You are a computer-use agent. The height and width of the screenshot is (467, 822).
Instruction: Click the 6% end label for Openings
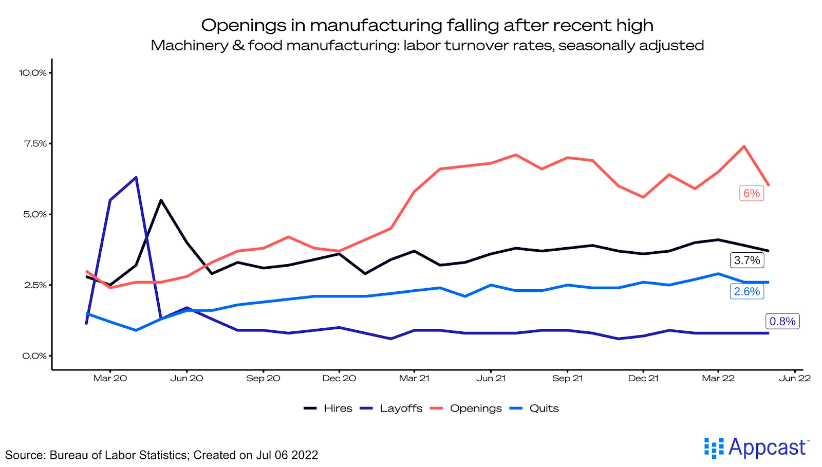752,193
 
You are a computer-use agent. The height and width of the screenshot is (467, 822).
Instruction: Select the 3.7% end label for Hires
747,260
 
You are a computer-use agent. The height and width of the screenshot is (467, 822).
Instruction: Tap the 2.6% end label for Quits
747,292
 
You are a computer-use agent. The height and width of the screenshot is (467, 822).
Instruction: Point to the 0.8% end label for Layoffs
782,322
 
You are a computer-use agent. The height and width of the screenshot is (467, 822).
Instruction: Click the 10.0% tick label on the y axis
33,73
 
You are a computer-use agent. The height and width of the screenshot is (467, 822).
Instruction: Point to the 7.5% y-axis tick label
35,144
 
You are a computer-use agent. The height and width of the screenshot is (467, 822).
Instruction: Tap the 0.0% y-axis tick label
34,356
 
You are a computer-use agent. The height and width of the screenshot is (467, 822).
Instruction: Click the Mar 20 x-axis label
110,379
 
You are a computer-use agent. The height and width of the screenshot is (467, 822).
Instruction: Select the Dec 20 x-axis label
339,379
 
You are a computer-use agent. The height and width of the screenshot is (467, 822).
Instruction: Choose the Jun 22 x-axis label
795,379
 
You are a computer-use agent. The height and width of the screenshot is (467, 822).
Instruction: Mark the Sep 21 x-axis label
567,379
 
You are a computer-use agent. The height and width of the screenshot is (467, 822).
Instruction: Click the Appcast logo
756,448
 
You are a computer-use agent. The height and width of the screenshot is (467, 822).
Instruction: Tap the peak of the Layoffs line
136,178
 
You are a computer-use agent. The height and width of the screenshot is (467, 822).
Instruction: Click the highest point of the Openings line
744,146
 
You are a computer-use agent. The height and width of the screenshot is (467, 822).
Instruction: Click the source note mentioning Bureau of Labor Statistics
161,455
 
